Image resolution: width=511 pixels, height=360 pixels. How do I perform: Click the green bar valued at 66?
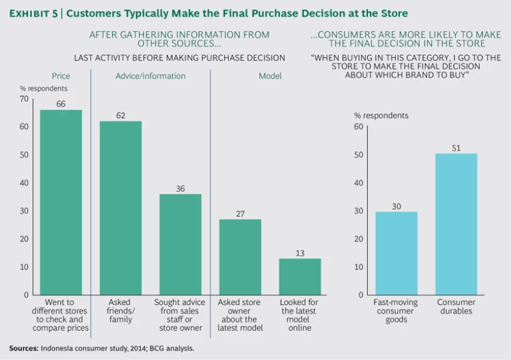[61, 202]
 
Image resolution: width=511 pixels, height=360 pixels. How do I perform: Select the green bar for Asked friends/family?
[120, 208]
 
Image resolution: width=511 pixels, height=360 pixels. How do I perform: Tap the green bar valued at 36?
[180, 244]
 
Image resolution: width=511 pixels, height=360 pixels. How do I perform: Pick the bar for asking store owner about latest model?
[240, 257]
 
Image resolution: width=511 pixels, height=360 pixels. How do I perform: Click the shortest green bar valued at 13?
[299, 276]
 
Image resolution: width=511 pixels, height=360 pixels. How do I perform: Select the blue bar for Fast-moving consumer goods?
[396, 253]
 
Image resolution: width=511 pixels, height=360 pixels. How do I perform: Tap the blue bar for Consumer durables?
[456, 224]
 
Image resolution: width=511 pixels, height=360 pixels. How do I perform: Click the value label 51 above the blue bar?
[456, 148]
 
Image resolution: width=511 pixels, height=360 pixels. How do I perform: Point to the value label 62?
[120, 115]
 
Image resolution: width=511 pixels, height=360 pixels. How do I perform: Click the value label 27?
[240, 214]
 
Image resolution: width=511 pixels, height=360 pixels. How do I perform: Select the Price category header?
[61, 76]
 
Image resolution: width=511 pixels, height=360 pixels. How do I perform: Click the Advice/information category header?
[150, 76]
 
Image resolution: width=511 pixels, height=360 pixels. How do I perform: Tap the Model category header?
[270, 76]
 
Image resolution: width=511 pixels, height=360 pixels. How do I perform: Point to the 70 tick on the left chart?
[25, 99]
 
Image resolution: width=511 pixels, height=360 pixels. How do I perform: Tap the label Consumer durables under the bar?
[456, 307]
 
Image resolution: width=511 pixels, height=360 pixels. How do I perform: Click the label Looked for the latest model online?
[299, 315]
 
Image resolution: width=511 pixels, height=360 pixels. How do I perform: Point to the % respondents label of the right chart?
[381, 115]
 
